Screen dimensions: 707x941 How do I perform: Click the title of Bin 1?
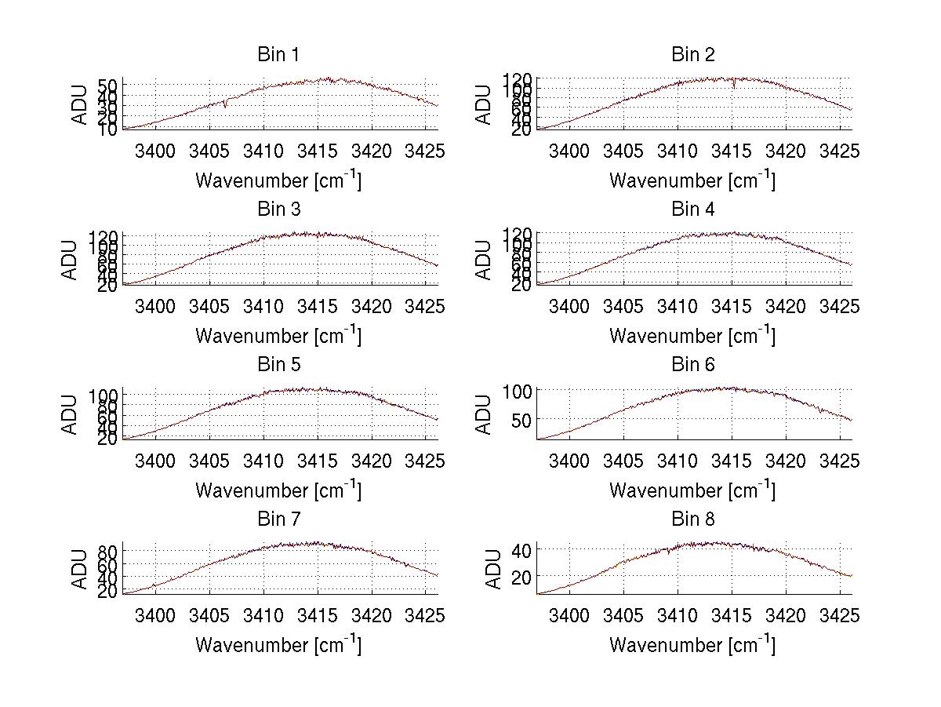[x=278, y=55]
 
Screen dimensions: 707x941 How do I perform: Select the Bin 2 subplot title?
[x=692, y=55]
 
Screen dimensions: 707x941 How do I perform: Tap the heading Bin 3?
[x=278, y=210]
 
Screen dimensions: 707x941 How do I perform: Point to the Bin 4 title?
[x=692, y=210]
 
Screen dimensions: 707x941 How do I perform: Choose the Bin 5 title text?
[x=278, y=365]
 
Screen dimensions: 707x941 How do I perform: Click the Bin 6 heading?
[x=692, y=365]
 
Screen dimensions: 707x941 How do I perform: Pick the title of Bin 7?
[x=278, y=519]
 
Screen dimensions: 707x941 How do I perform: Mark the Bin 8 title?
[x=692, y=519]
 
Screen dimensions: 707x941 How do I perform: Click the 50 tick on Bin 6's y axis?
[x=521, y=420]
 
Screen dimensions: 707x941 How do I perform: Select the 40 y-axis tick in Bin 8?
[x=521, y=549]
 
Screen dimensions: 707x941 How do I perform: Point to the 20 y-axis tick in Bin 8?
[x=521, y=576]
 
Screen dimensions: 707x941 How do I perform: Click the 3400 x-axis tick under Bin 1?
[x=155, y=151]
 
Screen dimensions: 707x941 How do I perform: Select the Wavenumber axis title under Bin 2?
[x=692, y=180]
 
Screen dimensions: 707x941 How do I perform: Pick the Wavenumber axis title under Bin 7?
[x=278, y=645]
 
